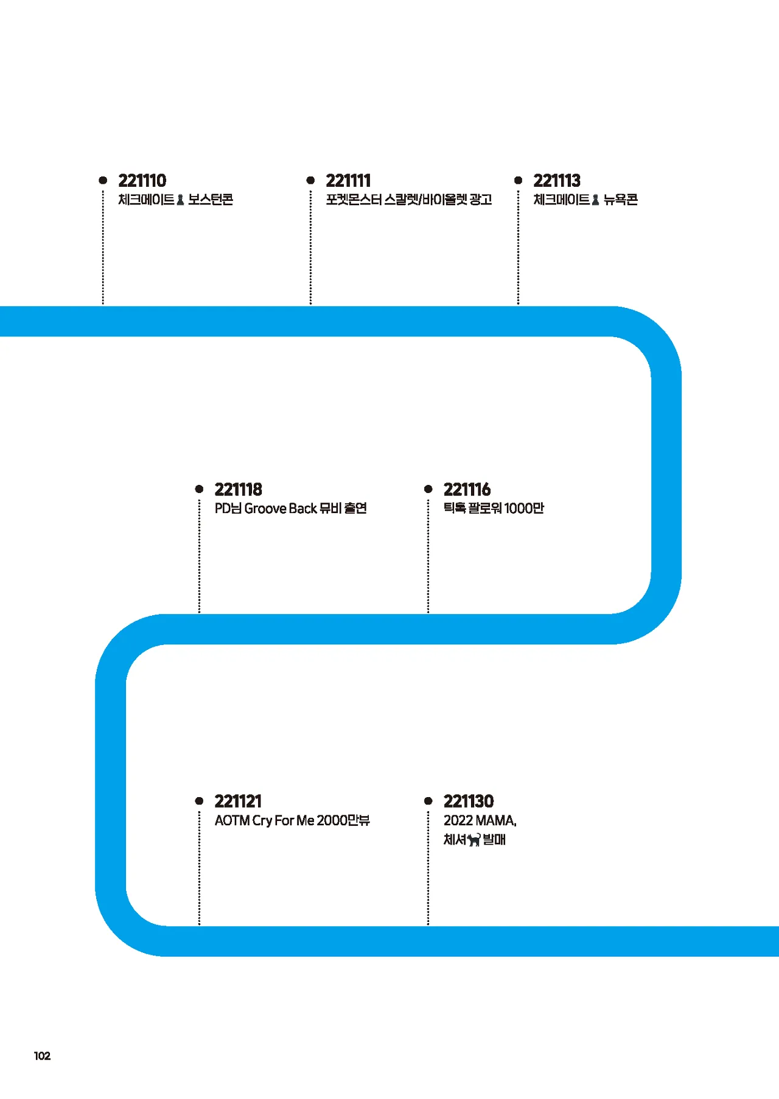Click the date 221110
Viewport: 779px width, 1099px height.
(x=142, y=181)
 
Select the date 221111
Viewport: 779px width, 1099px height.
(x=348, y=181)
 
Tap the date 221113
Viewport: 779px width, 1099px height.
(x=557, y=181)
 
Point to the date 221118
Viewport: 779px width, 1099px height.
(x=238, y=489)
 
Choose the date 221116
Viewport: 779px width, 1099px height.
(x=467, y=489)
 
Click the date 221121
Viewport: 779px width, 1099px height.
(x=238, y=801)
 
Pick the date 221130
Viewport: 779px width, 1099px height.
(x=469, y=801)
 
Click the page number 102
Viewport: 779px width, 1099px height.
(x=42, y=1056)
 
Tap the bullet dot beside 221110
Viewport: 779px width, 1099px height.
(x=103, y=180)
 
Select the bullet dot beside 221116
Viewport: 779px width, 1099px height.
(x=428, y=489)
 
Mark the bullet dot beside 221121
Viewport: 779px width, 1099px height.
(x=199, y=801)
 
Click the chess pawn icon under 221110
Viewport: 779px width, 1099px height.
(x=180, y=200)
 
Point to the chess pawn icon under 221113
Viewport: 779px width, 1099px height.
(x=595, y=200)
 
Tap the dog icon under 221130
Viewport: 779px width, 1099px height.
(x=474, y=840)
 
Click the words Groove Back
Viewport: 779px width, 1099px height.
(x=281, y=508)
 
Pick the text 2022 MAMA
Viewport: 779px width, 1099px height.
(x=480, y=820)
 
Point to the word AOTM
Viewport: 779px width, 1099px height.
(x=232, y=820)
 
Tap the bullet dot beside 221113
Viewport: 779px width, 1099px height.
(x=518, y=180)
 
